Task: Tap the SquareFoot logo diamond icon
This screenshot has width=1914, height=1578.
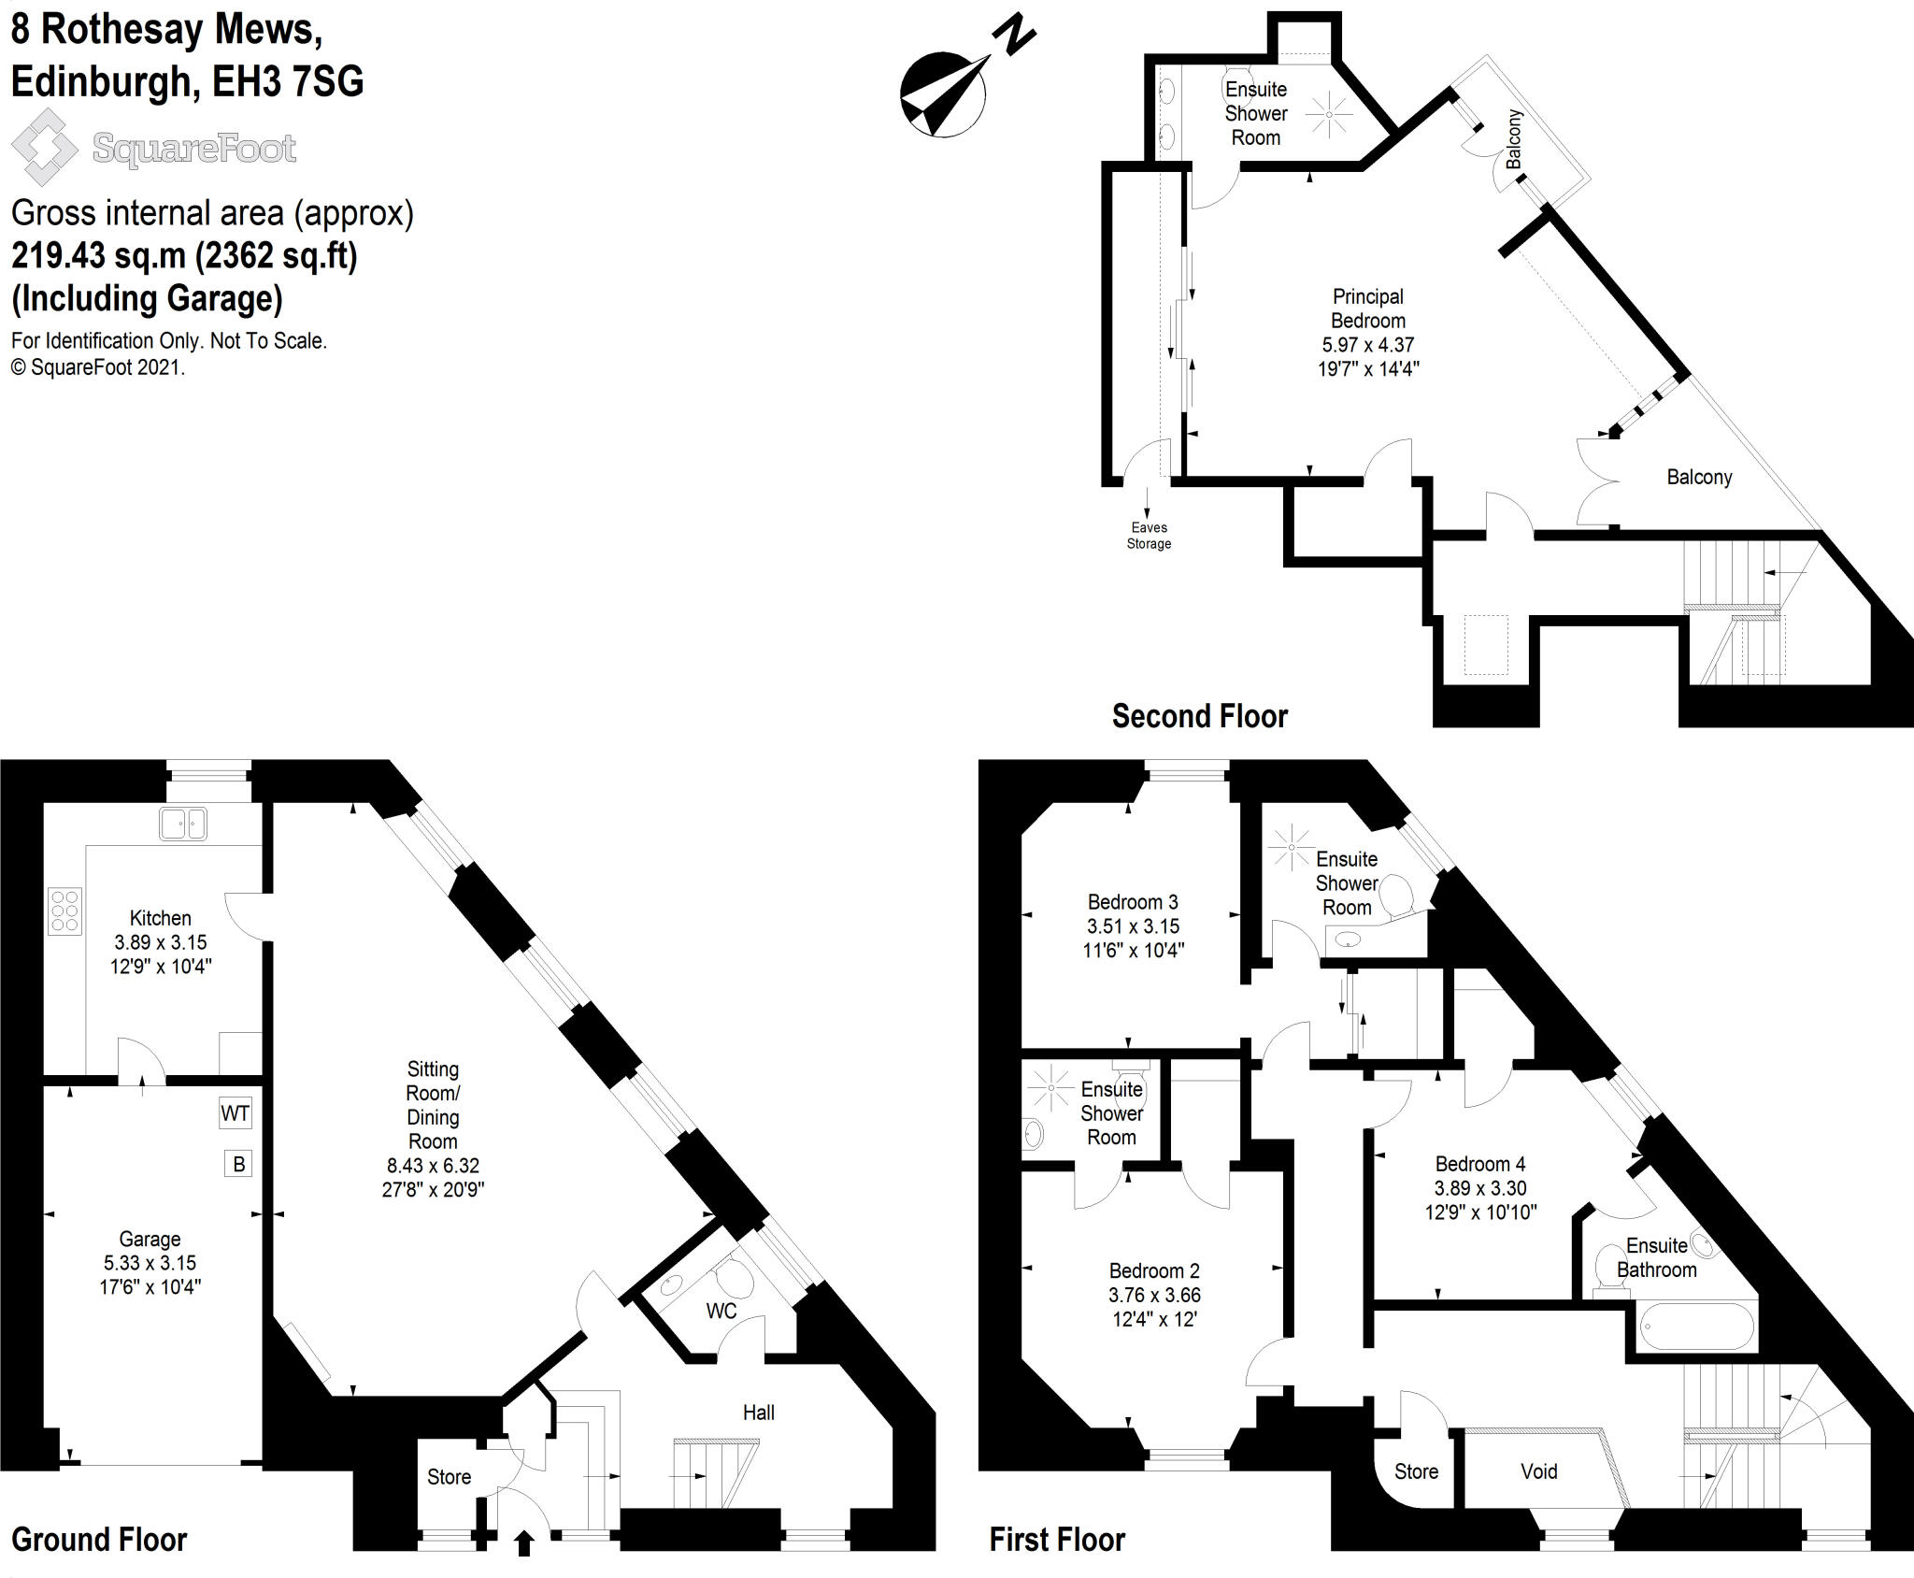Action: [44, 147]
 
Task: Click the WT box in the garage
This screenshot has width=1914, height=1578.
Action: [235, 1113]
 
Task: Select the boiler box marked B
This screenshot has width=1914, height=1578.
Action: [239, 1164]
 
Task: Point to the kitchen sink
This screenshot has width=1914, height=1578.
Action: [183, 824]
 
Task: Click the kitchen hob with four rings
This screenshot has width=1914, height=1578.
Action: [65, 911]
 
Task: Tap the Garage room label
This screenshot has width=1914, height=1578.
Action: [150, 1239]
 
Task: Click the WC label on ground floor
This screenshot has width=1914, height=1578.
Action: [721, 1311]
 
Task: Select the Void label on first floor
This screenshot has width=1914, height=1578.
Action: [1538, 1471]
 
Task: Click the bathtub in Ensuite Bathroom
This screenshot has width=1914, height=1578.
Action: [1696, 1328]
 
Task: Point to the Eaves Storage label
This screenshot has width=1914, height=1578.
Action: [1149, 536]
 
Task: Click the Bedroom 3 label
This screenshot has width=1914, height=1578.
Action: [1133, 902]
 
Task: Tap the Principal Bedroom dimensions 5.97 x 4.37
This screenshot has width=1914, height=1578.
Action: [1367, 345]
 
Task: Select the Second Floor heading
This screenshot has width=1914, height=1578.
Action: [1200, 717]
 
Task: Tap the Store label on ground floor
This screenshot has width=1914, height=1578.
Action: [449, 1477]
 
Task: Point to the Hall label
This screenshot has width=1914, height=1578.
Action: [759, 1413]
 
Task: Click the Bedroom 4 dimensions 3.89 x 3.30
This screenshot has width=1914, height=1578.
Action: [1480, 1188]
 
